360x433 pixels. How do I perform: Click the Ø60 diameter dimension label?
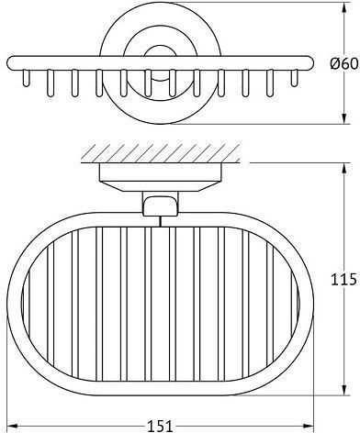point(343,64)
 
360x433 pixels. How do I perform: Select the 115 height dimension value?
point(343,279)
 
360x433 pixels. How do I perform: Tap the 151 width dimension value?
point(161,426)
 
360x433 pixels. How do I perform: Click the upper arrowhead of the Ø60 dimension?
point(344,8)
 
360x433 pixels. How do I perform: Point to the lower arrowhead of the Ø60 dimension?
point(344,119)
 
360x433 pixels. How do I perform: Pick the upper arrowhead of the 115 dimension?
point(344,168)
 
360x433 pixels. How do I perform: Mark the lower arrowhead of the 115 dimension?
point(344,390)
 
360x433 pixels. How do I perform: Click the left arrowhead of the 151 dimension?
point(12,426)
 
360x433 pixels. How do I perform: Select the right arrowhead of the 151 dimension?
point(309,426)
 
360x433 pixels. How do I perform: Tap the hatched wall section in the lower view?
point(161,152)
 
